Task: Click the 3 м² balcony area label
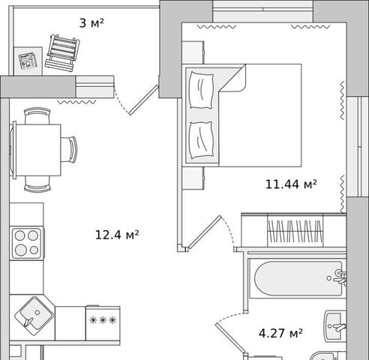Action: click(x=91, y=23)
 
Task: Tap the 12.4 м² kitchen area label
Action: click(x=117, y=235)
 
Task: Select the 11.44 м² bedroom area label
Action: click(x=291, y=184)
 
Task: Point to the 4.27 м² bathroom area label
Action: click(x=280, y=333)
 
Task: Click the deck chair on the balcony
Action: click(x=62, y=52)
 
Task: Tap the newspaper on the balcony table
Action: click(x=28, y=61)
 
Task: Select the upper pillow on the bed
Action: click(x=202, y=90)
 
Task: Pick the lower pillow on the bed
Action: click(x=202, y=140)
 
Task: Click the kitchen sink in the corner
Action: click(x=34, y=316)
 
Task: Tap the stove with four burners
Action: click(x=27, y=243)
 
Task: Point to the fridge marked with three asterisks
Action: click(x=103, y=323)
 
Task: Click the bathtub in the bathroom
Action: click(x=298, y=278)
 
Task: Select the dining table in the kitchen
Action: click(x=37, y=150)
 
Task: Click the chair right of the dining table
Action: click(x=69, y=149)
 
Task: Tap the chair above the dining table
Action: click(x=37, y=115)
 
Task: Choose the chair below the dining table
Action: click(x=37, y=184)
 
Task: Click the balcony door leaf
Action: click(x=143, y=100)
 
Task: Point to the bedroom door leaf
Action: click(x=205, y=232)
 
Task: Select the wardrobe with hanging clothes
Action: click(x=293, y=230)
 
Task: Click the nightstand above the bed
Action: click(x=193, y=52)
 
